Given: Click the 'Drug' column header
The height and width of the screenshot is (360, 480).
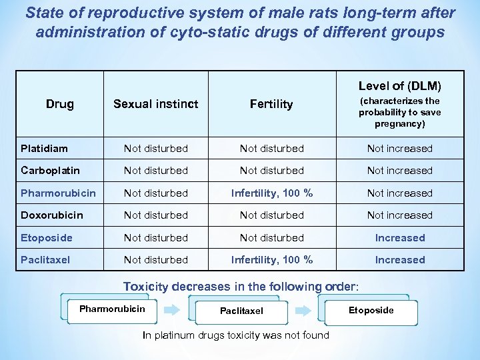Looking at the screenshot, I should (x=60, y=104).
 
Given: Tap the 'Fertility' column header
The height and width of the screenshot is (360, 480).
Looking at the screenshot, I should (x=271, y=104).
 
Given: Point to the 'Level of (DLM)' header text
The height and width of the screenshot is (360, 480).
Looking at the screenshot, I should (x=399, y=86).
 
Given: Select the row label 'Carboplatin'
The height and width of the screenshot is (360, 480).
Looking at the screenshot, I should (x=50, y=170).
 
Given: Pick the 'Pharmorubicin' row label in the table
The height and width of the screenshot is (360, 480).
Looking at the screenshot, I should (x=58, y=193).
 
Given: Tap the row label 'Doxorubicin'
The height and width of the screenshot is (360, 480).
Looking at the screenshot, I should (x=52, y=215).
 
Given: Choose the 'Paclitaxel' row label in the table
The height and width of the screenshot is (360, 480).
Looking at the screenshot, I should (x=45, y=259).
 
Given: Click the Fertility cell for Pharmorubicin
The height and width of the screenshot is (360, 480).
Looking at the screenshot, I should (x=271, y=193).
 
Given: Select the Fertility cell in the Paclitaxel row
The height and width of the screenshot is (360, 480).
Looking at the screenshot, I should (x=271, y=259).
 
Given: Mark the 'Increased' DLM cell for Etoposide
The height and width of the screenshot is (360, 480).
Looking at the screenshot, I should (x=399, y=237).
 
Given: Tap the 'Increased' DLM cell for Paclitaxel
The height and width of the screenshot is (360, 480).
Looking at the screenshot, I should (x=399, y=259).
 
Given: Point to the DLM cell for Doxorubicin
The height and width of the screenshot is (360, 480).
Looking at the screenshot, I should (x=399, y=215).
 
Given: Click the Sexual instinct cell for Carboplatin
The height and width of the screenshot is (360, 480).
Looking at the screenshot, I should (x=155, y=170).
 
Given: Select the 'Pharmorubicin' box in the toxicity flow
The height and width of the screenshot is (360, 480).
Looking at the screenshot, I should (x=111, y=309).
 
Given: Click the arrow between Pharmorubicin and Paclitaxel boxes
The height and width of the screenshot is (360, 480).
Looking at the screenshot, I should (x=171, y=310).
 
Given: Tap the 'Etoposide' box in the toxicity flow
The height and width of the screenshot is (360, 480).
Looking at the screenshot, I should (x=371, y=310).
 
